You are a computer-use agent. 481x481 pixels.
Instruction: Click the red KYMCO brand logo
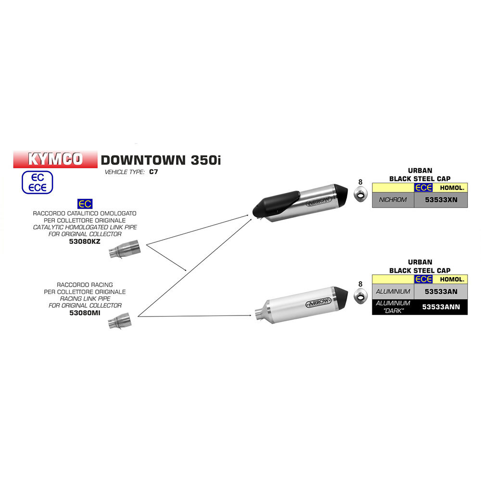point(55,159)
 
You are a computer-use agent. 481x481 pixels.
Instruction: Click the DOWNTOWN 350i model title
point(161,160)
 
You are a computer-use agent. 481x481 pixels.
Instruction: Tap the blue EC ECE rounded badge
point(38,182)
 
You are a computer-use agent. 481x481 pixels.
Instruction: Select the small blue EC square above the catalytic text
point(85,203)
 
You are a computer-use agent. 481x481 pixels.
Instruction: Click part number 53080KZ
point(85,241)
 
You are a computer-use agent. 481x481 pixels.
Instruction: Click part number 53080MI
point(85,313)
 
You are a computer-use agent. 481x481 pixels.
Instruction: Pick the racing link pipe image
point(120,320)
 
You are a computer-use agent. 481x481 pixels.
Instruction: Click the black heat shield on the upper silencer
point(276,203)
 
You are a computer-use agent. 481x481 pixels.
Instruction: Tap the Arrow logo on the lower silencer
point(318,303)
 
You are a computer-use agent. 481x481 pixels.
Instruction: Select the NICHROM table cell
point(393,200)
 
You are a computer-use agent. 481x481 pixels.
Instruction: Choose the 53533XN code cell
point(441,200)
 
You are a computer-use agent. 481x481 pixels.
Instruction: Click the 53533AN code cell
point(441,292)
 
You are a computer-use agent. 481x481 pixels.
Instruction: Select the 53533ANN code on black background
point(441,307)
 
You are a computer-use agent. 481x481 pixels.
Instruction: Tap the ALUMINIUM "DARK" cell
point(393,307)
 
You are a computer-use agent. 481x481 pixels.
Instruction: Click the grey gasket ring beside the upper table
point(361,194)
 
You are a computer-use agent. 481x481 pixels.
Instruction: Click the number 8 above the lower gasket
point(360,284)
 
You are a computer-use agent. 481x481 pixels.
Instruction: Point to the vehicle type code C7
point(153,172)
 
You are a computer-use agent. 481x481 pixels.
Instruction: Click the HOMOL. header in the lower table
point(452,279)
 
